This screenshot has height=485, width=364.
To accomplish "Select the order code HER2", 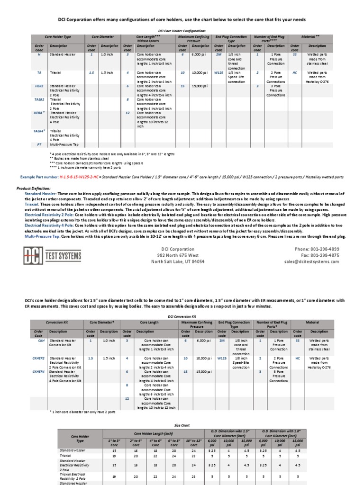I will [39, 86].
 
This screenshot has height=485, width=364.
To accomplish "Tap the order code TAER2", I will [39, 100].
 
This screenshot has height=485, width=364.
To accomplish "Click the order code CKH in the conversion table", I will [41, 340].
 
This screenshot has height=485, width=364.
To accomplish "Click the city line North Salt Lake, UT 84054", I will [178, 261].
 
